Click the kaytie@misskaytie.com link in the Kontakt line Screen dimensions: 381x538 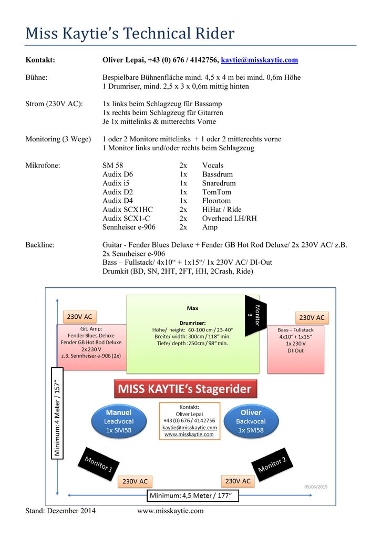click(260, 60)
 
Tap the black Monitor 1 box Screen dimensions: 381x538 click(98, 464)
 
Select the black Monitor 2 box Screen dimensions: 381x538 click(272, 464)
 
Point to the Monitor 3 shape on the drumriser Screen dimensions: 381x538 click(255, 315)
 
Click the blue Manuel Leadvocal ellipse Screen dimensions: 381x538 click(119, 421)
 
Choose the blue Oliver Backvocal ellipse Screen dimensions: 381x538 click(251, 421)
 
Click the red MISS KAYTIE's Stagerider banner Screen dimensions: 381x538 click(186, 389)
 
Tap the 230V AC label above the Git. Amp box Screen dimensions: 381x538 click(80, 317)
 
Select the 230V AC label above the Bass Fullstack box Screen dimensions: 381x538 click(312, 318)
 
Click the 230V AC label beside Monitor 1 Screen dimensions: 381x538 click(135, 481)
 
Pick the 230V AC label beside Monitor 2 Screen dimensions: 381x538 click(238, 481)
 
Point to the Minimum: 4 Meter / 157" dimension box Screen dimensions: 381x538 click(57, 413)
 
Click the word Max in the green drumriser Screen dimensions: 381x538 click(192, 308)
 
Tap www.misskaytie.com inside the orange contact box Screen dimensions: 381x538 click(189, 434)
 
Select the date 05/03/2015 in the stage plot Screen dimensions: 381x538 click(316, 487)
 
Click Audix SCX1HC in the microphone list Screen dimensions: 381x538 click(128, 210)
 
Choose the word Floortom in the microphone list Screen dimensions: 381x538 click(216, 201)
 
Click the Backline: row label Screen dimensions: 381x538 click(40, 245)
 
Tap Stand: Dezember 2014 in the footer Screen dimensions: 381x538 click(60, 511)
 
